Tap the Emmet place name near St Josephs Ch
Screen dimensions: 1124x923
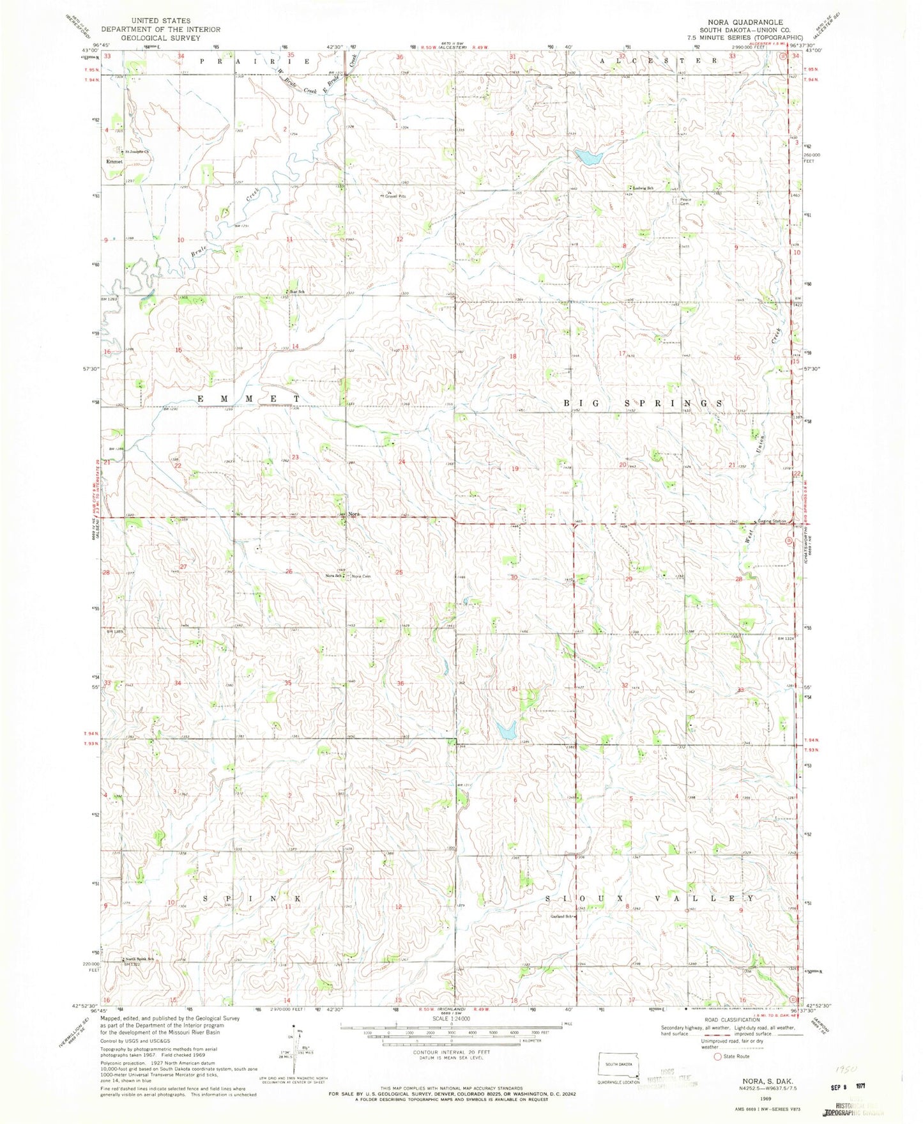pyautogui.click(x=115, y=162)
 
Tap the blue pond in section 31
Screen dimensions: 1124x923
pyautogui.click(x=506, y=730)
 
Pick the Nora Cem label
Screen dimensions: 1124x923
pyautogui.click(x=362, y=576)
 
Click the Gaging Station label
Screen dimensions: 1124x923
pyautogui.click(x=772, y=521)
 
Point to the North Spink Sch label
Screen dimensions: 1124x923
pyautogui.click(x=139, y=959)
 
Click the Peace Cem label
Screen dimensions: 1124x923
pyautogui.click(x=678, y=201)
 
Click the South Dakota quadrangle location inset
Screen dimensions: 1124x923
pyautogui.click(x=618, y=1065)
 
